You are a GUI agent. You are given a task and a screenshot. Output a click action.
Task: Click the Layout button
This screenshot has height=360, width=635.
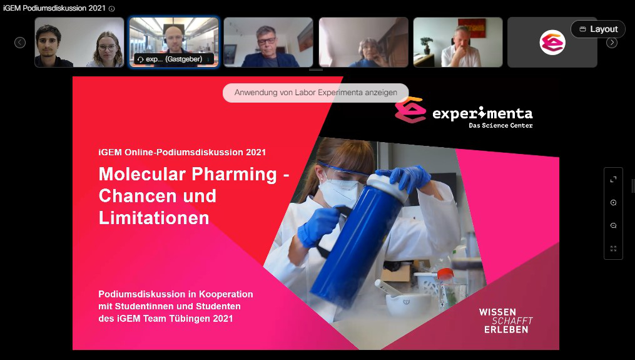pyautogui.click(x=597, y=29)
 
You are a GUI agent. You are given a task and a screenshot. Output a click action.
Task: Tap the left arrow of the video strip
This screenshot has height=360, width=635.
pyautogui.click(x=20, y=43)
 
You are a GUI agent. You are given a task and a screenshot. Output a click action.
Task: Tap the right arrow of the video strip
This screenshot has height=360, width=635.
pyautogui.click(x=611, y=43)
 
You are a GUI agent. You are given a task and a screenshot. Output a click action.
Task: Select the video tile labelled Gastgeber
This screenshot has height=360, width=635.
pyautogui.click(x=174, y=42)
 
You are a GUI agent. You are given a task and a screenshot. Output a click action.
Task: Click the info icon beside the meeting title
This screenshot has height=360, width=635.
pyautogui.click(x=112, y=9)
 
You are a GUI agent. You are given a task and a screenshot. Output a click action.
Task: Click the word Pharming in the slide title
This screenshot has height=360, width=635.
pyautogui.click(x=234, y=174)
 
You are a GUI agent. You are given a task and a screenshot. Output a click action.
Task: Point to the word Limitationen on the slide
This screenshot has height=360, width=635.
pyautogui.click(x=154, y=218)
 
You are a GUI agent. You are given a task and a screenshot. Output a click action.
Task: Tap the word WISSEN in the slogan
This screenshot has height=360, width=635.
pyautogui.click(x=497, y=312)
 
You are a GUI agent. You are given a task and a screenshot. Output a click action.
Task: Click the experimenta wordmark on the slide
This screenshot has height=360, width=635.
pyautogui.click(x=482, y=113)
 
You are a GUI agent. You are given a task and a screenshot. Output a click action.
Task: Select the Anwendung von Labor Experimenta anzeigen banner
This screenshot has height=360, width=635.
pyautogui.click(x=316, y=93)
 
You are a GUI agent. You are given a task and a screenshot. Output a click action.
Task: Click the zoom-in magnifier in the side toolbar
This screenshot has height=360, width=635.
pyautogui.click(x=613, y=203)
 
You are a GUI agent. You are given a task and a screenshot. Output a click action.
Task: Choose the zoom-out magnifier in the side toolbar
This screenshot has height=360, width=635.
pyautogui.click(x=613, y=226)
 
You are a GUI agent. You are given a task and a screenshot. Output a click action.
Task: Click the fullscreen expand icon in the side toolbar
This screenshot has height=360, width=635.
pyautogui.click(x=613, y=180)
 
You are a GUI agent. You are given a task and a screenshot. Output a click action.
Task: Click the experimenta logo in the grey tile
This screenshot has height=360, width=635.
pyautogui.click(x=552, y=42)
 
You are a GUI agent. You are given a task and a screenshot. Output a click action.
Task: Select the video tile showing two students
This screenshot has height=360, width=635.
pyautogui.click(x=79, y=42)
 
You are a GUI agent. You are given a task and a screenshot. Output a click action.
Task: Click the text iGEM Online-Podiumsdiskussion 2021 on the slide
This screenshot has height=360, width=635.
pyautogui.click(x=182, y=152)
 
